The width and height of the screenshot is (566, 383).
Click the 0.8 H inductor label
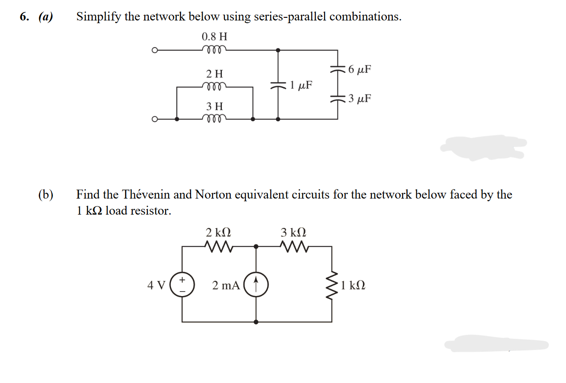(214, 36)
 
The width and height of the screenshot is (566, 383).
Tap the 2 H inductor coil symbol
(214, 86)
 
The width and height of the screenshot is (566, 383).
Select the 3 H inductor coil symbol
(214, 119)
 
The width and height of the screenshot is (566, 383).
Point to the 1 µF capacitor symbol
(278, 85)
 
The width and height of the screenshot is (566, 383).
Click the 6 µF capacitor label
(360, 70)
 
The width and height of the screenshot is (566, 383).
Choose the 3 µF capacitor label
(360, 99)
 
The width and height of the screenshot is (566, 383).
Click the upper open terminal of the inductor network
(155, 50)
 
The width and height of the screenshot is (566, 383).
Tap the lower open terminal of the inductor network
(155, 119)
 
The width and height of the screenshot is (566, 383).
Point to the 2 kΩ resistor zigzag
(218, 246)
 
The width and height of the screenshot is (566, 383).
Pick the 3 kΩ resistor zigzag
(293, 246)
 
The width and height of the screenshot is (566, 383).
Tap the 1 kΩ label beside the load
(353, 285)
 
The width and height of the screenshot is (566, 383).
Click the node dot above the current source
(256, 246)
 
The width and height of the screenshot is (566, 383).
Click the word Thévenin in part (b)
(145, 194)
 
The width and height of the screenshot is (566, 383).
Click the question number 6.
(25, 17)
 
